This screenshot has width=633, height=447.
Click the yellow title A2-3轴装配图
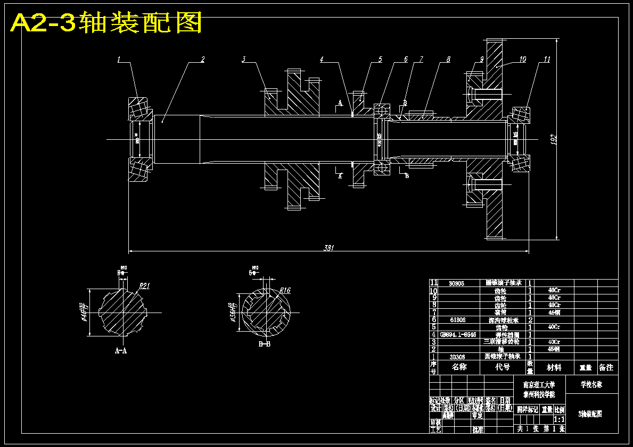[x=106, y=23]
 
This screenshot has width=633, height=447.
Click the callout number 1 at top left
[x=119, y=60]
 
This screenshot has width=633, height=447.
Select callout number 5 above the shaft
[x=380, y=60]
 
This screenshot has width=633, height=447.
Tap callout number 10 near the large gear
[x=522, y=60]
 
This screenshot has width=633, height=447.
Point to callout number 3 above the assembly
[x=243, y=60]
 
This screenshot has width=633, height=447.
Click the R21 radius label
[x=144, y=285]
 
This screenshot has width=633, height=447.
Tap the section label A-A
[x=121, y=351]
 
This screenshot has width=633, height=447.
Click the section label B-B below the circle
[x=265, y=344]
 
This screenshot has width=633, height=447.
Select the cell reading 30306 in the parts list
[x=457, y=357]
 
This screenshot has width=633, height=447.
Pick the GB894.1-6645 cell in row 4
[x=458, y=335]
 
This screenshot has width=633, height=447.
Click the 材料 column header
[x=554, y=367]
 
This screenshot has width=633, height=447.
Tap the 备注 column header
[x=606, y=367]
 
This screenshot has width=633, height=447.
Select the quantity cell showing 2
[x=530, y=320]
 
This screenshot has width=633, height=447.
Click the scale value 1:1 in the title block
[x=559, y=419]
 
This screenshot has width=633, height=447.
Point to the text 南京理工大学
[x=539, y=384]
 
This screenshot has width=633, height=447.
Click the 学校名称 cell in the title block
[x=592, y=384]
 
